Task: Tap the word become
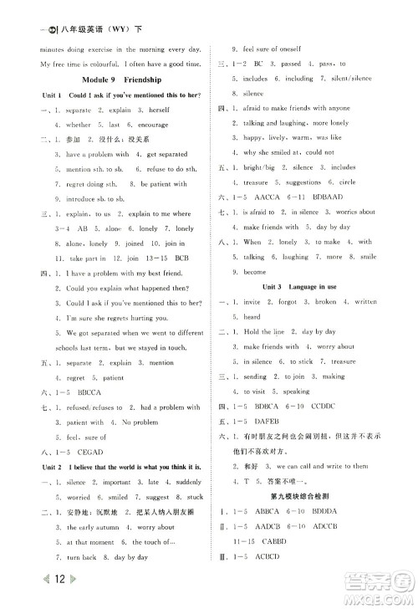click(x=253, y=271)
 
